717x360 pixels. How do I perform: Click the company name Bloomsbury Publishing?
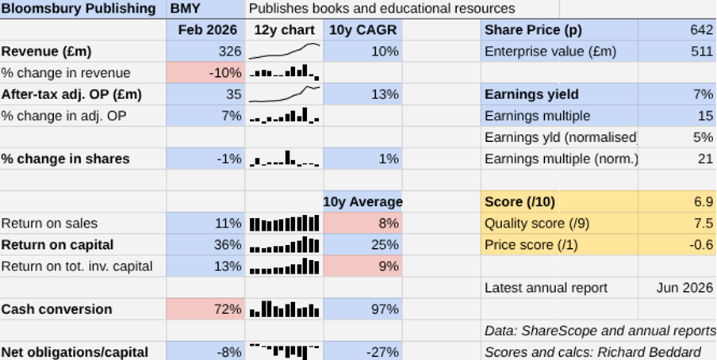tap(79, 8)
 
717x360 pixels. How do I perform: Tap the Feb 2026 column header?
tap(208, 30)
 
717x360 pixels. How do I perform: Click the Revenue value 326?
tap(230, 52)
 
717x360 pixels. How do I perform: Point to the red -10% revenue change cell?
tap(205, 73)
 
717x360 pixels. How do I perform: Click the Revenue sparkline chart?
tap(284, 52)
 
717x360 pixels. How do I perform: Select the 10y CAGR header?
tap(363, 30)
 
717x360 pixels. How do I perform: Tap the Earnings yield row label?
tap(531, 94)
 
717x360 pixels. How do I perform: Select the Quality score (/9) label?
tap(537, 224)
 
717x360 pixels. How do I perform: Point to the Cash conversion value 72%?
tap(228, 309)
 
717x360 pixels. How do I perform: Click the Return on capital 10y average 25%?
tap(385, 245)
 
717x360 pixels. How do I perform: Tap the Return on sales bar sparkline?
tap(284, 224)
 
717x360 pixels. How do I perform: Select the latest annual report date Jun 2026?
tap(684, 288)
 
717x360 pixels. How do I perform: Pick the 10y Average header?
tap(363, 201)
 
